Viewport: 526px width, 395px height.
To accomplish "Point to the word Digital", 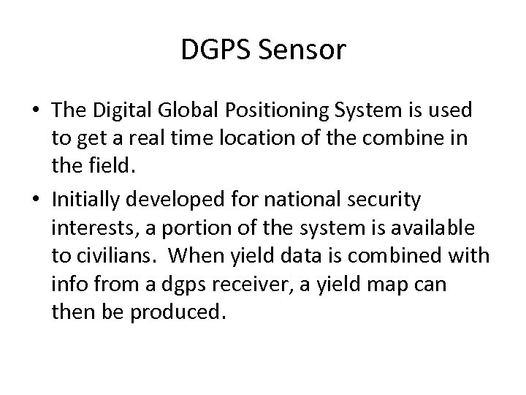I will tap(120, 110).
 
